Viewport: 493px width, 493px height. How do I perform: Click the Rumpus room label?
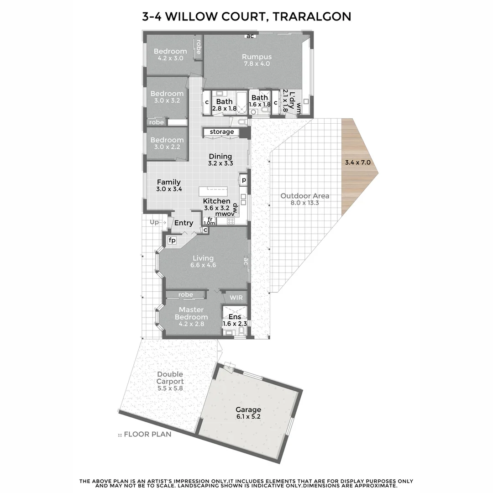pos(257,57)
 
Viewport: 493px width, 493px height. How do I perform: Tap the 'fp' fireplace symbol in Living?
pos(172,240)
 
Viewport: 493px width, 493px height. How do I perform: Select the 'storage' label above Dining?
pos(222,132)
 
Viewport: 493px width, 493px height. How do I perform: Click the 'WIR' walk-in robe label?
pos(236,298)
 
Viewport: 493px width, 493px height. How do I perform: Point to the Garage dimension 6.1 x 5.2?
pos(248,417)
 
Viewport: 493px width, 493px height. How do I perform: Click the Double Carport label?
pos(170,378)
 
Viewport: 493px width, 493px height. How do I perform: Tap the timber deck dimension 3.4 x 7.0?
pos(357,162)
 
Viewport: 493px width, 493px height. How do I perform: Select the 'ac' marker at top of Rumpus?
pos(250,36)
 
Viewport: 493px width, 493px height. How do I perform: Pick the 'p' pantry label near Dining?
pos(244,180)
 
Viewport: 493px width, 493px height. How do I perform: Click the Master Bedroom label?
pos(191,313)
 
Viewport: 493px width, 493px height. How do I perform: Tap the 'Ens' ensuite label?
pos(235,317)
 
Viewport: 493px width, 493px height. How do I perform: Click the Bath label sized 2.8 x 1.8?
pos(224,101)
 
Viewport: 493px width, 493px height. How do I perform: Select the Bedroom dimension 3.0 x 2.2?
pos(167,147)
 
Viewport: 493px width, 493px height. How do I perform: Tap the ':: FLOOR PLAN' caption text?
pos(145,434)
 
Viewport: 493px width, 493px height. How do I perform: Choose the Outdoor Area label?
pos(304,196)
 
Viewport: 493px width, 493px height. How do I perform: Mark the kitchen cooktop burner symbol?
pos(231,221)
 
